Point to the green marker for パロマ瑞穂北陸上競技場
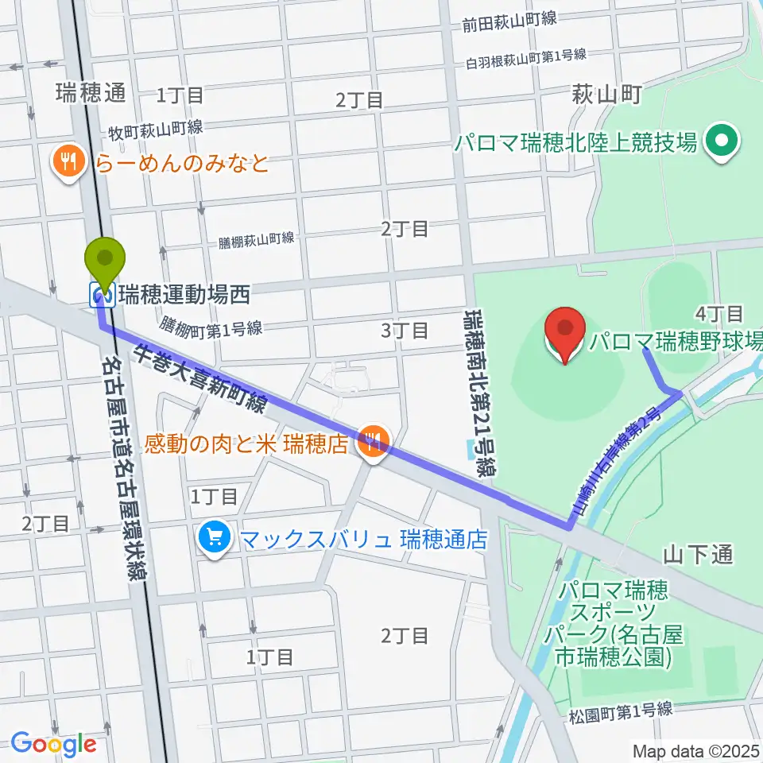722,143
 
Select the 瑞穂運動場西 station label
184,296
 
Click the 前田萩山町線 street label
509,23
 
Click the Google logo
53,744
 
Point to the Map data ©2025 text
695,750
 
